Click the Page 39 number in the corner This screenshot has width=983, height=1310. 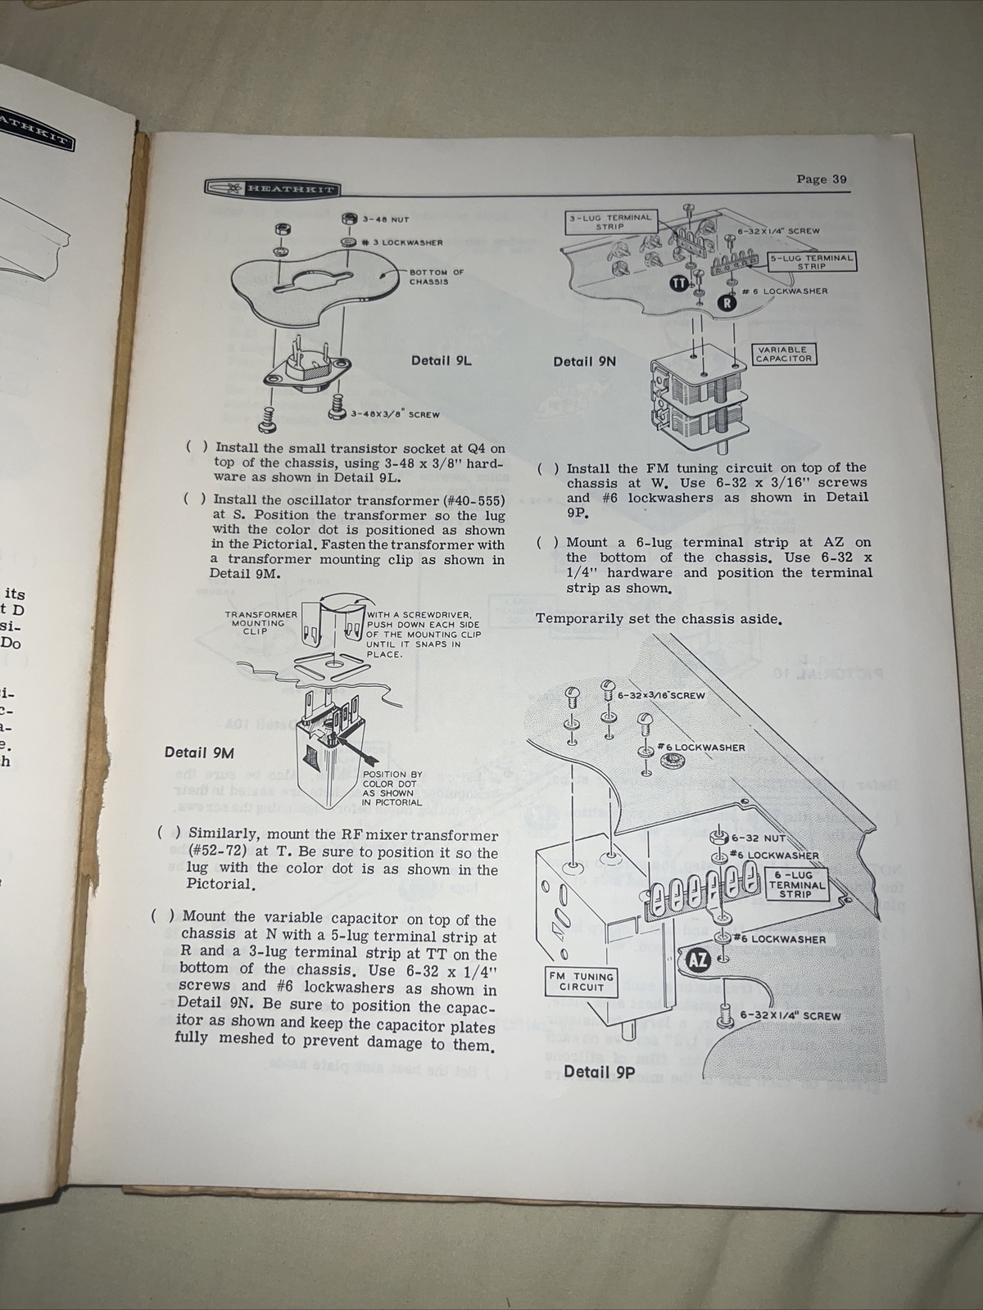[822, 179]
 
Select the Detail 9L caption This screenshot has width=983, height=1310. [442, 359]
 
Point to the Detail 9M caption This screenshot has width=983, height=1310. [197, 752]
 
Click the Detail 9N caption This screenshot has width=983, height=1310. [585, 361]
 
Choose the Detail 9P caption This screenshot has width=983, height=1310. [600, 1072]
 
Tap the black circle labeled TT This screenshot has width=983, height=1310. [678, 282]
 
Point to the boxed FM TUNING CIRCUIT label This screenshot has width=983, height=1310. [582, 982]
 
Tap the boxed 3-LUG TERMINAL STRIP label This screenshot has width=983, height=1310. [609, 222]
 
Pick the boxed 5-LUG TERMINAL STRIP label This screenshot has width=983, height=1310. [811, 261]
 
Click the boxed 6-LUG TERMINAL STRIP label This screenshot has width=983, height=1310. [795, 885]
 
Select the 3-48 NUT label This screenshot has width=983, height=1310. [386, 219]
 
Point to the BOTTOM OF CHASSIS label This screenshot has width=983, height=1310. [437, 277]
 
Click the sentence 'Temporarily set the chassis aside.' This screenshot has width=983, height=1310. [659, 618]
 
